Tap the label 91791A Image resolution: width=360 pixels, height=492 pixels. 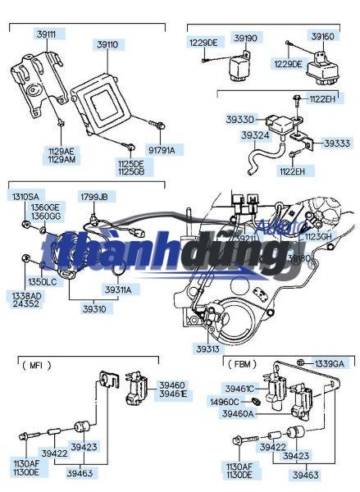point(162,149)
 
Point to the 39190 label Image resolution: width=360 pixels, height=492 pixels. point(245,38)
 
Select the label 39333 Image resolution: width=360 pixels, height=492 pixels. point(335,143)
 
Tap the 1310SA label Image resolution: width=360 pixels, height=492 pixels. point(24,197)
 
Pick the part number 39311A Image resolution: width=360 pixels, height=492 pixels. point(117,289)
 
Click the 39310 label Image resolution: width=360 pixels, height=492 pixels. point(93,309)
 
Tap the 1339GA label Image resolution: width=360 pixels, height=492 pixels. point(330,362)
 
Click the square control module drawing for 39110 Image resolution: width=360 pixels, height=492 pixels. point(102,106)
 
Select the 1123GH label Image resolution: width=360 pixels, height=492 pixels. point(319,236)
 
